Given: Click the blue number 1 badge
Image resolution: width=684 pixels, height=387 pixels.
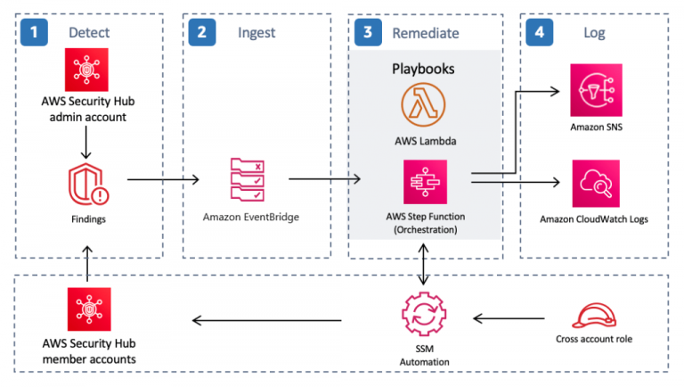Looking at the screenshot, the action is (34, 32).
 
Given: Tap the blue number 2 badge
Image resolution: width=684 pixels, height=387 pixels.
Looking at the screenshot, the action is (202, 32).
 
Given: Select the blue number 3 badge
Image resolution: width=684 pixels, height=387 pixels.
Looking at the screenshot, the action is (368, 32).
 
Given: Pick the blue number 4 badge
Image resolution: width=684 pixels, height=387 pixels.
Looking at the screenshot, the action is (540, 32).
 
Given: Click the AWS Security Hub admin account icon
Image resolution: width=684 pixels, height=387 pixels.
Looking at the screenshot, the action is (86, 70).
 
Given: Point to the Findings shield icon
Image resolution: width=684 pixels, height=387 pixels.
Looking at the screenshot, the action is (88, 185).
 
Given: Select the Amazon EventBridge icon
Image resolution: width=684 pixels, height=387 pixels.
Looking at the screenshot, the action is (248, 179).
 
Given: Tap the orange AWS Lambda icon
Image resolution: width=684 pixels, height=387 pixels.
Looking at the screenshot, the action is (423, 105).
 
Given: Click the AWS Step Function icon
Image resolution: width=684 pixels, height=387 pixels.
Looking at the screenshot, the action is (426, 182).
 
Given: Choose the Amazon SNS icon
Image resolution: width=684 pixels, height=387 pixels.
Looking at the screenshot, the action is (597, 90).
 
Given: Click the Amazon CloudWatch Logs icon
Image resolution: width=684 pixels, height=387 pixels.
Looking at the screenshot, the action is (596, 184).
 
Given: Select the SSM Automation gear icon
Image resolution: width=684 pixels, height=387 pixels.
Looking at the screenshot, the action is (424, 314).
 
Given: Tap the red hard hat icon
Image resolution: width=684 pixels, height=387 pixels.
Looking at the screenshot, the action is (594, 316).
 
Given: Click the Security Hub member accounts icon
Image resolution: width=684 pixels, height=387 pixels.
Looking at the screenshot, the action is (89, 309).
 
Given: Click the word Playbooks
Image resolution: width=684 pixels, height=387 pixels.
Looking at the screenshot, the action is (423, 69).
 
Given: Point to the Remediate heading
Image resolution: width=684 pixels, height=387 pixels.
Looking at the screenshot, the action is (426, 33).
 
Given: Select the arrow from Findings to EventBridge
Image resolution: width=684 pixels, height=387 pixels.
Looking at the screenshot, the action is (163, 179).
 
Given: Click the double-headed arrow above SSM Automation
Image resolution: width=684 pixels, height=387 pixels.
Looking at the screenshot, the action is (423, 264).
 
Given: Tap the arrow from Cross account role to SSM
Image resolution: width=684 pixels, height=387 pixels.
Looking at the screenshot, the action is (509, 318).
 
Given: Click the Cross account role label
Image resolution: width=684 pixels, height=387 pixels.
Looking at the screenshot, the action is (594, 339).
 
